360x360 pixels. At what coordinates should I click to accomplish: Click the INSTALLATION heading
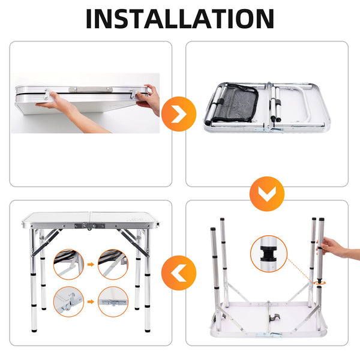[x=180, y=19]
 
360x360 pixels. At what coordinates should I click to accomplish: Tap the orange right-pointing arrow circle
[x=179, y=114]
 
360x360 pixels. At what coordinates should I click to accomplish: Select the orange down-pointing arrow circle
[x=267, y=194]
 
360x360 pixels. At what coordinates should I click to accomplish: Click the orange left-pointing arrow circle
[x=179, y=273]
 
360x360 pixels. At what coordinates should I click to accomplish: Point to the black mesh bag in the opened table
[x=235, y=103]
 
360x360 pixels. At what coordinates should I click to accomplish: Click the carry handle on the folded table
[x=91, y=89]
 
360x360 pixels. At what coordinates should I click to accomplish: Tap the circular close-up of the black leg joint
[x=269, y=254]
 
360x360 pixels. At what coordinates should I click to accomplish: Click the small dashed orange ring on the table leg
[x=320, y=283]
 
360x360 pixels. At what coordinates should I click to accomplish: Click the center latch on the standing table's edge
[x=89, y=226]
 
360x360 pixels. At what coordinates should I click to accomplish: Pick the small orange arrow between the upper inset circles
[x=91, y=265]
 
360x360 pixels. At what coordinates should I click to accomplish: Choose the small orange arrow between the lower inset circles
[x=91, y=302]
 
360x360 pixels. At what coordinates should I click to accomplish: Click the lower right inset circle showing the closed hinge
[x=113, y=302]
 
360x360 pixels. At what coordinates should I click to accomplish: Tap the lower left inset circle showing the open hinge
[x=68, y=302]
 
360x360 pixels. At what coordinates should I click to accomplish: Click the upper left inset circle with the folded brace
[x=68, y=265]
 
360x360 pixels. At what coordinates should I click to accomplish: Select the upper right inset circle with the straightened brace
[x=113, y=265]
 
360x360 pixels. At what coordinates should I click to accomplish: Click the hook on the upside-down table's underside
[x=275, y=318]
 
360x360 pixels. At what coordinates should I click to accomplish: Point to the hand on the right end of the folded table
[x=149, y=99]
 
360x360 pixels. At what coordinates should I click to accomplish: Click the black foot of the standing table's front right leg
[x=148, y=331]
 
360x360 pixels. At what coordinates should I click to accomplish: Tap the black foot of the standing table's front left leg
[x=34, y=331]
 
